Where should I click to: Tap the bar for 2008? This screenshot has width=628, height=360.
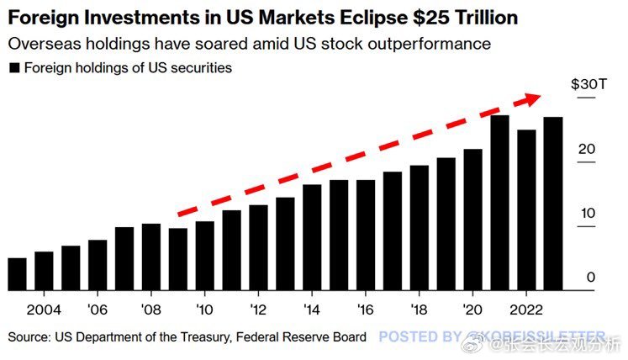(151, 257)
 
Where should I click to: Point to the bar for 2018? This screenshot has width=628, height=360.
(420, 228)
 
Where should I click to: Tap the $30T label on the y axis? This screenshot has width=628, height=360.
(585, 85)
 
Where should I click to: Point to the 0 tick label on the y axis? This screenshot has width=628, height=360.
(592, 278)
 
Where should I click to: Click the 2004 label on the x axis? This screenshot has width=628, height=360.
(44, 308)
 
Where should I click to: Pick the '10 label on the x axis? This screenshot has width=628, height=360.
(204, 308)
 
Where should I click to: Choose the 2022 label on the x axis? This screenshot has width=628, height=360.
(527, 308)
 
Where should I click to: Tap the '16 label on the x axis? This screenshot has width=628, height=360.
(365, 308)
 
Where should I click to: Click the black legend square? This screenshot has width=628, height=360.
(13, 67)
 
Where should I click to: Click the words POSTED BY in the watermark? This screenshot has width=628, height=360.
(420, 337)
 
